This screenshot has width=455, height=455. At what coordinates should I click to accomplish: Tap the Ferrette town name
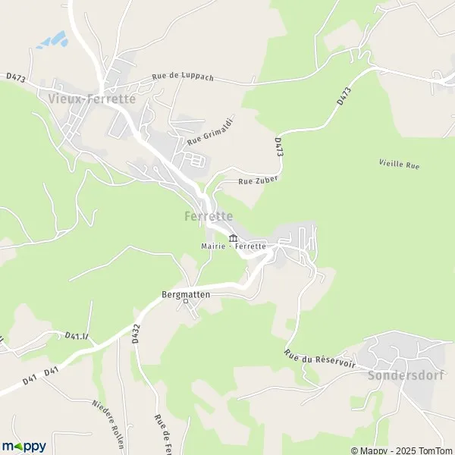coord(208,216)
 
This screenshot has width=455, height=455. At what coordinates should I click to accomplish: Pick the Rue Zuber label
coord(259,180)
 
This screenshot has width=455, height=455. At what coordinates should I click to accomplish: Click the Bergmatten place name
coord(186,293)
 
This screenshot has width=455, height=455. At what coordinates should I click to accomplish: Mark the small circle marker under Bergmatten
coord(186,302)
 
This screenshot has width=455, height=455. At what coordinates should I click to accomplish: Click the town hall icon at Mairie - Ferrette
coord(233,237)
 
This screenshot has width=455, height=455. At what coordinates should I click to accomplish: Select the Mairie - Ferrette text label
coord(234,246)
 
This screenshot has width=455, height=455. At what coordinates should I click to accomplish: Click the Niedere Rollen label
coord(107,416)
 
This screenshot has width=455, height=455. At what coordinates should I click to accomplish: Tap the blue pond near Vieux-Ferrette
coord(51,38)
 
